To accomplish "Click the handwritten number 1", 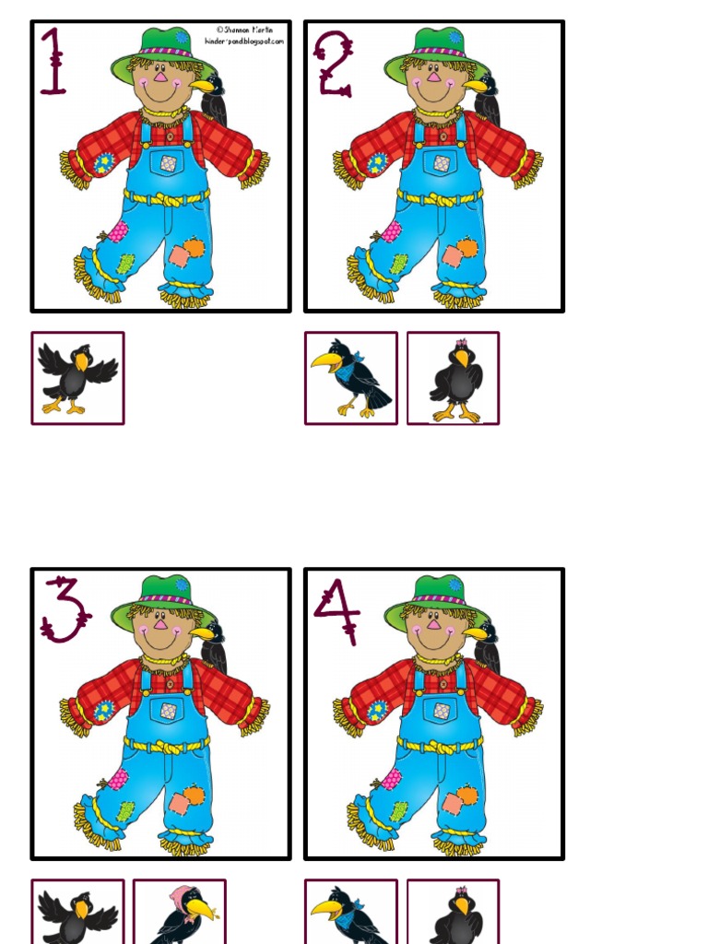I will pyautogui.click(x=53, y=63).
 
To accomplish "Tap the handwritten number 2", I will pyautogui.click(x=333, y=63).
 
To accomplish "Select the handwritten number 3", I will pyautogui.click(x=64, y=609).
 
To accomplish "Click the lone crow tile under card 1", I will pyautogui.click(x=77, y=378).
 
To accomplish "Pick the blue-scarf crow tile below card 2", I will pyautogui.click(x=350, y=378).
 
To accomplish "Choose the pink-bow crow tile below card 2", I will pyautogui.click(x=454, y=378).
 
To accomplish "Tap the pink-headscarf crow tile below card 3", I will pyautogui.click(x=180, y=913).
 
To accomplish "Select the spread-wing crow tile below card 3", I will pyautogui.click(x=77, y=913).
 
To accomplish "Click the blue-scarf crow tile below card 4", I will pyautogui.click(x=350, y=913).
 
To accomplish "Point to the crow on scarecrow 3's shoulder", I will pyautogui.click(x=212, y=646).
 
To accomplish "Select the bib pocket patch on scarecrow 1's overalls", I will pyautogui.click(x=169, y=163).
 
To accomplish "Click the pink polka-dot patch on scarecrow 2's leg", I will pyautogui.click(x=392, y=231).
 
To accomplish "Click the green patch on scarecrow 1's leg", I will pyautogui.click(x=125, y=264).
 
